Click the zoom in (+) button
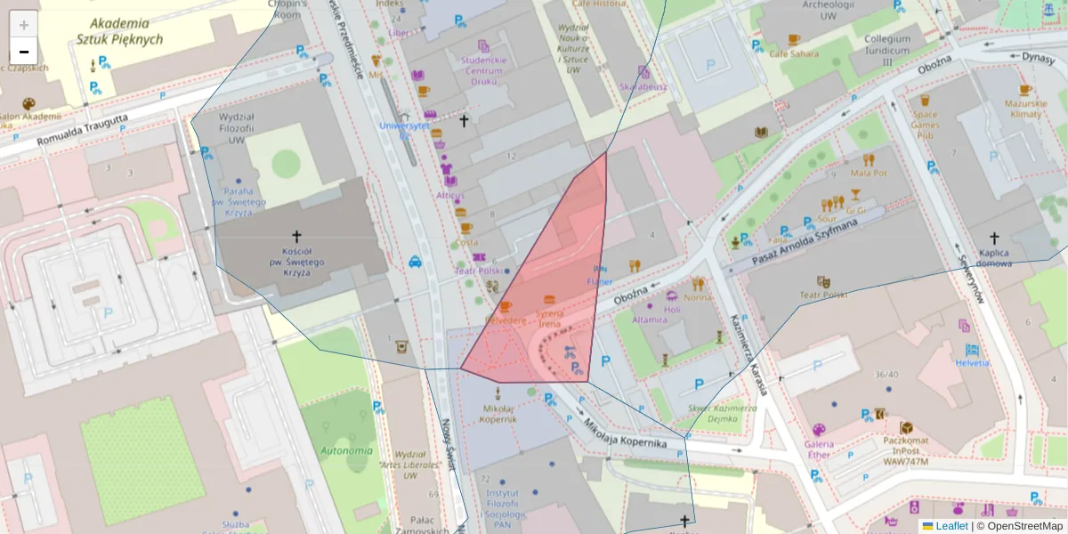pyautogui.click(x=24, y=25)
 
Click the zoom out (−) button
pyautogui.click(x=24, y=52)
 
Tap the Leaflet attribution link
pyautogui.click(x=951, y=526)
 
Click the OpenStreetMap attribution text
pyautogui.click(x=1024, y=526)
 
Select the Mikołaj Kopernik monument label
pyautogui.click(x=498, y=413)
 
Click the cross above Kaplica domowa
pyautogui.click(x=995, y=239)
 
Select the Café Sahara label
pyautogui.click(x=793, y=53)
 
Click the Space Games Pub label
pyautogui.click(x=925, y=125)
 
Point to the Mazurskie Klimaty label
pyautogui.click(x=1023, y=109)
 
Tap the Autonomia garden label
pyautogui.click(x=346, y=450)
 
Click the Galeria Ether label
pyautogui.click(x=818, y=449)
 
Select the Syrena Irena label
pyautogui.click(x=549, y=319)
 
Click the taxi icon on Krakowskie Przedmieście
pyautogui.click(x=416, y=262)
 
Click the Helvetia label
pyautogui.click(x=973, y=363)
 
